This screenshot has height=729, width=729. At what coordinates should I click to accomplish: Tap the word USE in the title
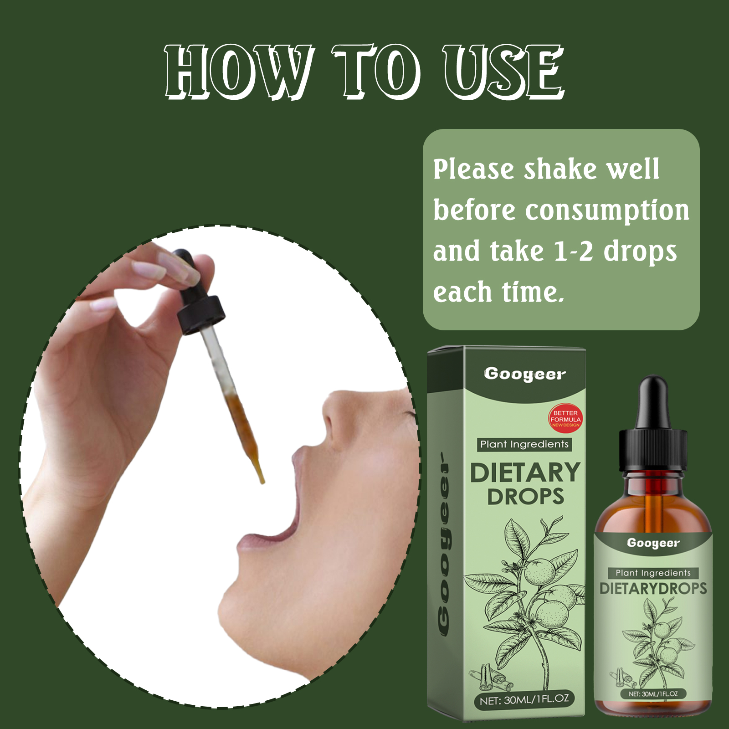point(504,72)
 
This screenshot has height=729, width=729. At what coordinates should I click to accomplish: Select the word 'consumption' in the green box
point(607,211)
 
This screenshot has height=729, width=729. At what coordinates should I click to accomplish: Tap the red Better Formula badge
point(565,418)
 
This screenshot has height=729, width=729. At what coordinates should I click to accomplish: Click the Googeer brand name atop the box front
point(524,375)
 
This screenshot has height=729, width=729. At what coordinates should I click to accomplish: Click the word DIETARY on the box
point(525,472)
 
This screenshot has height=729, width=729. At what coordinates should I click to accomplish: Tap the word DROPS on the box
point(525,497)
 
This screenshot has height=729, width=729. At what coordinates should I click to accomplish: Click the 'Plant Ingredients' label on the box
point(524,444)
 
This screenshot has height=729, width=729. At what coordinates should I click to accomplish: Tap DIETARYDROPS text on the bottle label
point(653,588)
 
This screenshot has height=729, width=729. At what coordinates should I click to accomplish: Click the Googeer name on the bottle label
point(653,543)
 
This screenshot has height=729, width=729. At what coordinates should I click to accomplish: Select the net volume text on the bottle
point(653,694)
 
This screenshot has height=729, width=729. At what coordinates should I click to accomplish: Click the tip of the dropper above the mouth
point(262,482)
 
